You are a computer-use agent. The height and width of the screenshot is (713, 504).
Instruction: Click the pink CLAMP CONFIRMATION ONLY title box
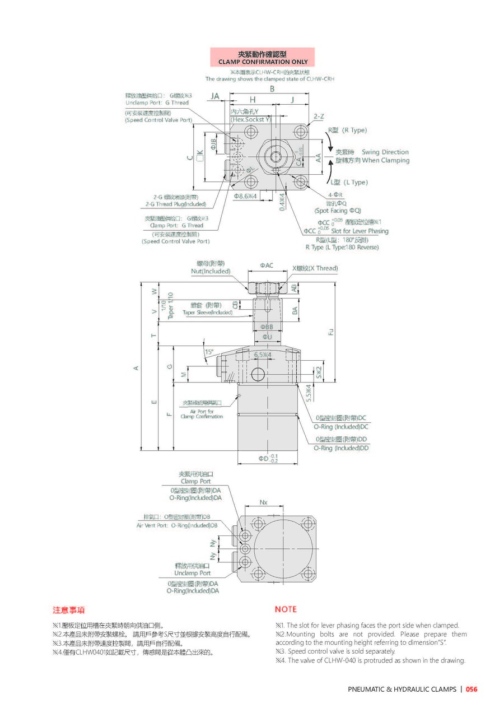coord(262,58)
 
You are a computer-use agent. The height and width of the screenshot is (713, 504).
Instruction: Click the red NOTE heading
coord(286,609)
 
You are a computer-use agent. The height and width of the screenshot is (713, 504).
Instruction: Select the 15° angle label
coord(209,352)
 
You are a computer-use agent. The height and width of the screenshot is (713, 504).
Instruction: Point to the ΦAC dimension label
coord(267,265)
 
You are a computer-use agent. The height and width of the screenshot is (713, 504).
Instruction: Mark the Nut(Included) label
coord(211,271)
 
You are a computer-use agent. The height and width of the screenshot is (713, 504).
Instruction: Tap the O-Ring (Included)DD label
coord(341,448)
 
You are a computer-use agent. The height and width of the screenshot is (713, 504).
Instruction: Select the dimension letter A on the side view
coord(136,367)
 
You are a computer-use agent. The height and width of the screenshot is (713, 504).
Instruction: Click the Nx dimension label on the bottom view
coord(263,501)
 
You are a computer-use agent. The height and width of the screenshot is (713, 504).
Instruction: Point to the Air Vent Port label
coord(177,525)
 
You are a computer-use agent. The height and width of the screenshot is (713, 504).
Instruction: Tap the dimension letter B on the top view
coord(272,89)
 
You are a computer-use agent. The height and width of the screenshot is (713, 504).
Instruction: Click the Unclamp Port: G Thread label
coord(157,102)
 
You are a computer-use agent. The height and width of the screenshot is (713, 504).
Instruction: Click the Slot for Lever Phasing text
coord(360,231)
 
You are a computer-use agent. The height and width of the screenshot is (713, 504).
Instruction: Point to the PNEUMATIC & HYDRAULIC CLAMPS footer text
coord(402,689)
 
